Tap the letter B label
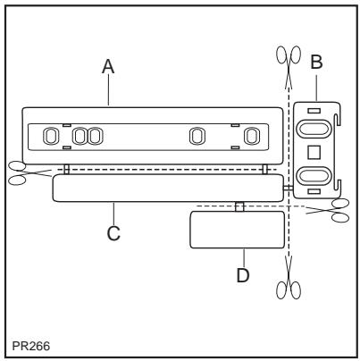[317, 64]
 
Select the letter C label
[113, 234]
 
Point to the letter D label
[242, 274]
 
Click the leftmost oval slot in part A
[51, 137]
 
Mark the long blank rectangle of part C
[165, 188]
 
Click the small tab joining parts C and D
[239, 207]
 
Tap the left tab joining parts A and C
[66, 169]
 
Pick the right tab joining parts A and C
[265, 169]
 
